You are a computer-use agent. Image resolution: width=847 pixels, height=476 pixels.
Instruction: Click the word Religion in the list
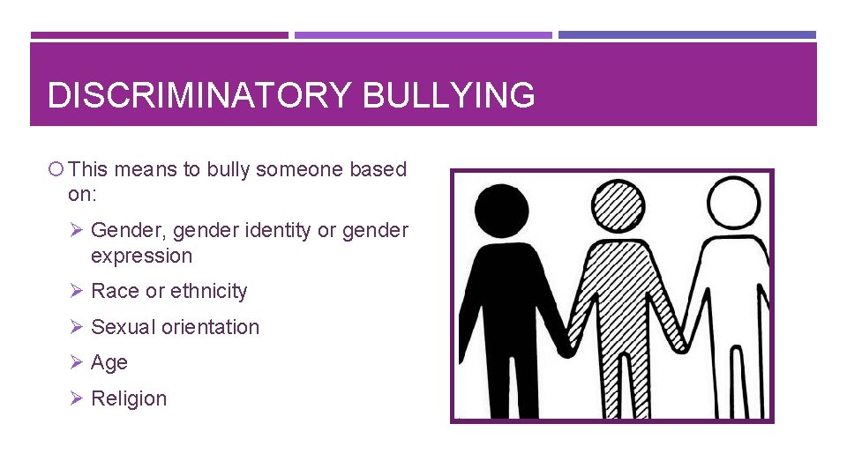(x=129, y=398)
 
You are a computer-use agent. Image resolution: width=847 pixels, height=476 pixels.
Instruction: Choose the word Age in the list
(x=109, y=362)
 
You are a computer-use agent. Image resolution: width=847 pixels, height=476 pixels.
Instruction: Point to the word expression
(x=141, y=256)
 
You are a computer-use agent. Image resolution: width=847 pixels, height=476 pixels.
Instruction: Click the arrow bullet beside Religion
(x=77, y=398)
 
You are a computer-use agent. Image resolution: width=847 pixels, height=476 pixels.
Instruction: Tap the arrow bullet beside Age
(x=77, y=361)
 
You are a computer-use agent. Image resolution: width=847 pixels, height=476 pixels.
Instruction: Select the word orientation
(x=215, y=327)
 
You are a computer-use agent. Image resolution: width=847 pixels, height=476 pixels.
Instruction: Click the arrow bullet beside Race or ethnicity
(x=77, y=290)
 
